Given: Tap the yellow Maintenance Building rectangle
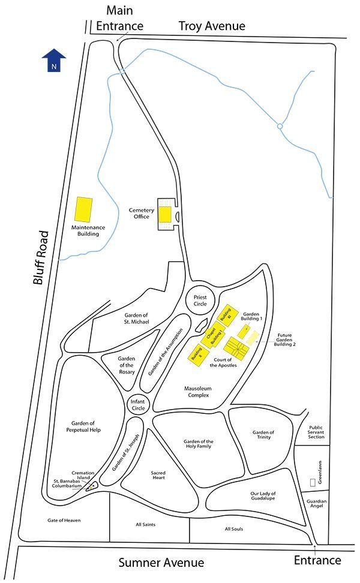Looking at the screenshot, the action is point(84,209).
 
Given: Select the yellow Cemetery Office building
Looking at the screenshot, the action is point(165,214).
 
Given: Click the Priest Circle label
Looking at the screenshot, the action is point(200,300).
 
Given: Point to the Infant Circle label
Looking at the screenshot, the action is point(138,405).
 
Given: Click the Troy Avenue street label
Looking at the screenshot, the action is point(212,26).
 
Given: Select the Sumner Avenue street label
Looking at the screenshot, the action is point(161,563).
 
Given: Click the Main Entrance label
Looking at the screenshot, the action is point(124,18).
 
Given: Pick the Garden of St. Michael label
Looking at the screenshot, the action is point(136,318).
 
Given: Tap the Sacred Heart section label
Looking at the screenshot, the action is point(158,476).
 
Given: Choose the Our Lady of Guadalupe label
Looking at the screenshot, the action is point(263,497).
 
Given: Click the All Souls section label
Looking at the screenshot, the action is point(233,529).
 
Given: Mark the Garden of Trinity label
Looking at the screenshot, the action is point(263,434).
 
